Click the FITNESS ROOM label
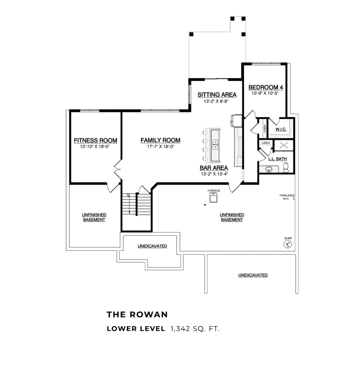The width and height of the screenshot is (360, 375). click(x=96, y=140)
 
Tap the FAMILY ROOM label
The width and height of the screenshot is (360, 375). click(x=160, y=140)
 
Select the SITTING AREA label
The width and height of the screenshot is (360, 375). click(x=217, y=95)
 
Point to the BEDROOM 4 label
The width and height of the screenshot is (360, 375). click(x=266, y=88)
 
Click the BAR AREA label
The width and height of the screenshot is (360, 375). click(x=214, y=168)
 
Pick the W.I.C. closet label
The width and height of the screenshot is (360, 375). click(x=281, y=129)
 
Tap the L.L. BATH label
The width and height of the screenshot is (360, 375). click(x=278, y=159)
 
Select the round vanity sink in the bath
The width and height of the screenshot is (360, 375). click(x=269, y=169)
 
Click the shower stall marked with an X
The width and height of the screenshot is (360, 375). click(x=284, y=145)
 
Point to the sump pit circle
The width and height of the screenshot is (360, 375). click(x=288, y=244)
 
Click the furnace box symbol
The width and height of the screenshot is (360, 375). click(x=214, y=197)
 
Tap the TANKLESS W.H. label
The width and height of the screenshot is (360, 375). click(x=286, y=197)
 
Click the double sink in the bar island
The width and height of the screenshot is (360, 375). click(x=215, y=145)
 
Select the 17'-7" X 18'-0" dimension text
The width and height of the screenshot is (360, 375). click(x=160, y=146)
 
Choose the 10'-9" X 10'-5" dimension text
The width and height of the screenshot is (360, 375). click(x=265, y=93)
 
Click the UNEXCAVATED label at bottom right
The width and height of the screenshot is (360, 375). click(x=253, y=275)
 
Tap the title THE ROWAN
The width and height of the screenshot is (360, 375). click(x=137, y=315)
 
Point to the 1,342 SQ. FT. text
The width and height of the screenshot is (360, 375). click(x=195, y=329)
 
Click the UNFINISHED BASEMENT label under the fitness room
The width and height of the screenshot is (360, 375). click(x=94, y=218)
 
